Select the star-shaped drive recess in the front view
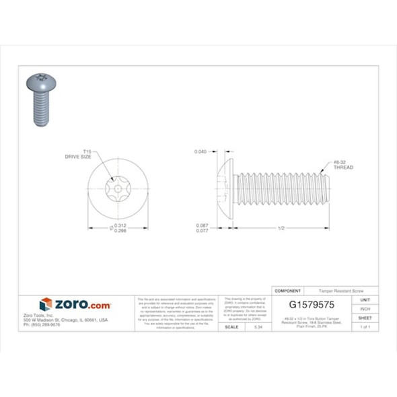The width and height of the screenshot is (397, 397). (118, 190)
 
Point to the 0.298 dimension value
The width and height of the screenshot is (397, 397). (120, 230)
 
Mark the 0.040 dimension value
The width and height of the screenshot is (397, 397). (201, 151)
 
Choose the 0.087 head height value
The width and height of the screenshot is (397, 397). (201, 225)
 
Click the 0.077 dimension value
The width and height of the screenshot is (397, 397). (201, 230)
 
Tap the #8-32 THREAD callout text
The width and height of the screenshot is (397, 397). (342, 164)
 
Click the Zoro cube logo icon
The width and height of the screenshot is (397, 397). (46, 305)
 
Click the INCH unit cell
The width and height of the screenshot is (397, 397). (365, 309)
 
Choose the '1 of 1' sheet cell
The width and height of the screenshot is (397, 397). (365, 326)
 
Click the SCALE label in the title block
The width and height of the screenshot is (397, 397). (231, 326)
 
